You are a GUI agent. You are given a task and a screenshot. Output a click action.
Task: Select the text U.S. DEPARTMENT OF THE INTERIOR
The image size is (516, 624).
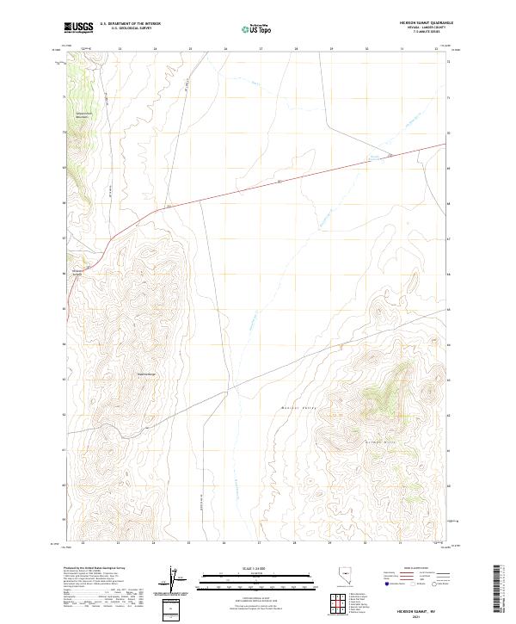pyautogui.click(x=130, y=23)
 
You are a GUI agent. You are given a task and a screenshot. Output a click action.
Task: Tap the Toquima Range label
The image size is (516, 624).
pyautogui.click(x=145, y=374)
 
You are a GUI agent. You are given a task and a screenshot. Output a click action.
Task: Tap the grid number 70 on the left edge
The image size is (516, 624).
pyautogui.click(x=64, y=133)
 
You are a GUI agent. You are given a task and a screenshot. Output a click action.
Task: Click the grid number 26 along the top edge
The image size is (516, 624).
pyautogui.click(x=225, y=50)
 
